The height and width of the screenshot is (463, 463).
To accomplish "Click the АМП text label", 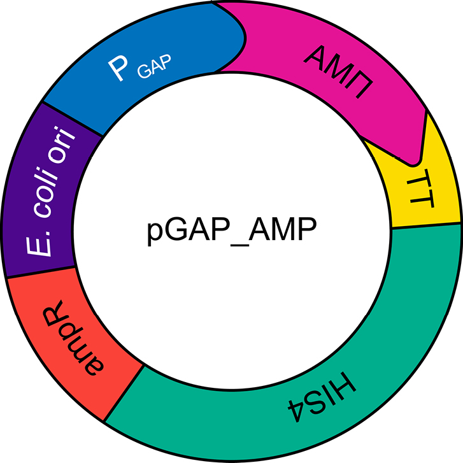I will pos(338,73).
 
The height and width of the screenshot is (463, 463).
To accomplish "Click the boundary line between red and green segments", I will pos(123,395).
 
